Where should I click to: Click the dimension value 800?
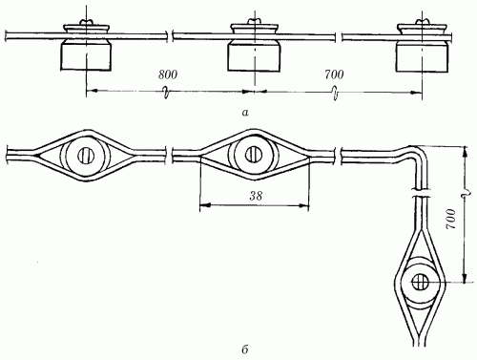pyautogui.click(x=168, y=74)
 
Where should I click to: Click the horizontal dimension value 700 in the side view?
pyautogui.click(x=334, y=74)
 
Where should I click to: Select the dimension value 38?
pyautogui.click(x=256, y=196)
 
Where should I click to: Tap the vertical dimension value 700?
pyautogui.click(x=451, y=219)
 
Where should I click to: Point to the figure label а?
pyautogui.click(x=245, y=112)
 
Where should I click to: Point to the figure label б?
pyautogui.click(x=244, y=349)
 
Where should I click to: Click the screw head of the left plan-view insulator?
pyautogui.click(x=86, y=156)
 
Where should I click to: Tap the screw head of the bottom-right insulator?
pyautogui.click(x=420, y=283)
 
